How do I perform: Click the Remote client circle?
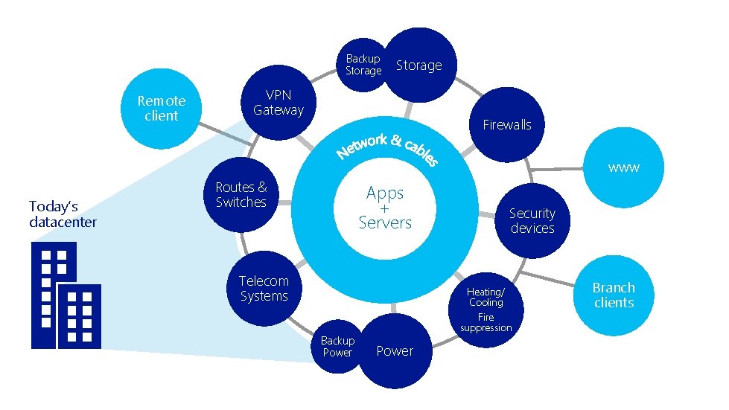162,108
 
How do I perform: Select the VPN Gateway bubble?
278,103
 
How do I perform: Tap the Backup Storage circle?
363,65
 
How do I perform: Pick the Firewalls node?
506,124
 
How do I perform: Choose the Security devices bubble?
532,220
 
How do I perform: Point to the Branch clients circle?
614,295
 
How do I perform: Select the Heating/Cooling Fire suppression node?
486,309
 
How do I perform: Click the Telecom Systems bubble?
264,289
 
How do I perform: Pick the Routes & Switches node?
241,195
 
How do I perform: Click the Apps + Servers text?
385,207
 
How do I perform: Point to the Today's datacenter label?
63,214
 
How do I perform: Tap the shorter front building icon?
79,315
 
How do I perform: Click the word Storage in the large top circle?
418,65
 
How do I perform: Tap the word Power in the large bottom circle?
395,351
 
